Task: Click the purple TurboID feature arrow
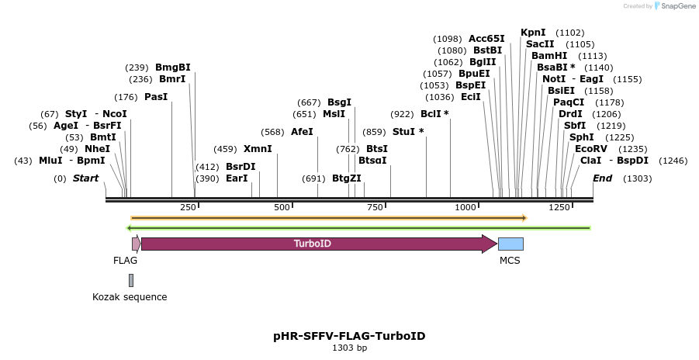(x=318, y=244)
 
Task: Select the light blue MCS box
(x=510, y=244)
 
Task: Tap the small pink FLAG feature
(x=136, y=244)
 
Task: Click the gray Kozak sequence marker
(x=131, y=280)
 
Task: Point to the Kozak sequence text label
(x=130, y=297)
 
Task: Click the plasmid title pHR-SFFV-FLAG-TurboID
(x=349, y=336)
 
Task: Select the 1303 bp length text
(x=349, y=348)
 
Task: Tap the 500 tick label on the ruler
(x=282, y=207)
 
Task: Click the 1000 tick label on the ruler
(x=465, y=207)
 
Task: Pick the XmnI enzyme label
(x=258, y=149)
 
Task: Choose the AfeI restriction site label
(x=302, y=132)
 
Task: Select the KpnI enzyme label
(x=533, y=33)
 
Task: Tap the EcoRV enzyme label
(x=590, y=149)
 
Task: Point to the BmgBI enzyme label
(x=172, y=67)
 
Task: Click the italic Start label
(x=85, y=178)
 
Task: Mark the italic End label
(x=603, y=178)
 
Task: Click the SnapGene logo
(x=673, y=6)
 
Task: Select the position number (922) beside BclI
(x=402, y=114)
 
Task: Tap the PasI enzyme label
(x=155, y=97)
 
